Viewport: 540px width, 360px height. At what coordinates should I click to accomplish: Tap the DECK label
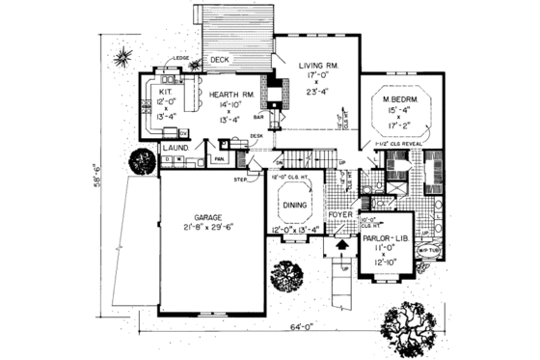coord(220,60)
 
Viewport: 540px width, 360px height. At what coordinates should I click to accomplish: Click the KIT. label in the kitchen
coord(165,89)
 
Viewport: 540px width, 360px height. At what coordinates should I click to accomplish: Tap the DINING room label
coord(295,205)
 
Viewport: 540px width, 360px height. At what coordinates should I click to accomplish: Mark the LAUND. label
coord(174,148)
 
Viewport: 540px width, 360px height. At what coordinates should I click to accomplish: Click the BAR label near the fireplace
coord(259,118)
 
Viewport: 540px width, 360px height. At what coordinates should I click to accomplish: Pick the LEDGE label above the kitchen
coord(179,60)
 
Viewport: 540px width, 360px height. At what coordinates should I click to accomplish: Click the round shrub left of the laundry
coord(144,160)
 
